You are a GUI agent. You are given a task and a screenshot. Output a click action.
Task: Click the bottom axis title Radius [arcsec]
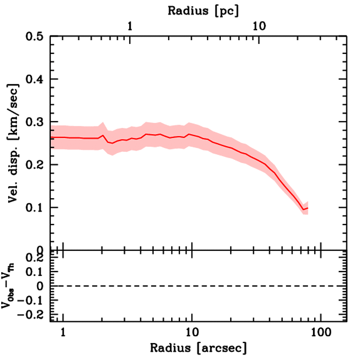(198, 348)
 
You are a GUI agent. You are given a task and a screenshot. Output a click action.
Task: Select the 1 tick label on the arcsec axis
(63, 332)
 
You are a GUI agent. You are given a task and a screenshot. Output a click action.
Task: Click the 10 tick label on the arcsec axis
(192, 332)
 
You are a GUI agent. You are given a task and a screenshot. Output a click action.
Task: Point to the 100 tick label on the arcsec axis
(320, 332)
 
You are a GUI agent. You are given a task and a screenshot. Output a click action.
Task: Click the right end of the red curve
(308, 208)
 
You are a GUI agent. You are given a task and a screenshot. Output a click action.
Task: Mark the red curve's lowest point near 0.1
(303, 210)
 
